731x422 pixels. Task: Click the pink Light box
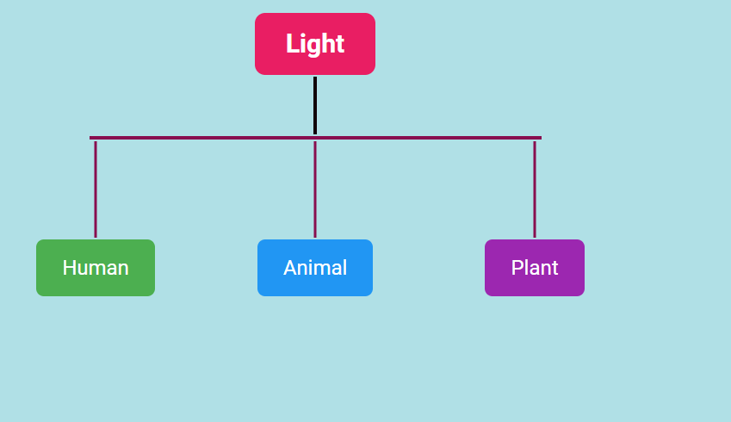coord(315,44)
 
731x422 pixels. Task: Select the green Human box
coord(96,268)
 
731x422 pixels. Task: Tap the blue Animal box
coord(315,268)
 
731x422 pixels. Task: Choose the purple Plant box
coord(535,268)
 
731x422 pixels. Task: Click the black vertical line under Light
coord(315,105)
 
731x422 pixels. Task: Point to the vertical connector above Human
coord(96,189)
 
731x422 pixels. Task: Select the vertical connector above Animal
coord(315,189)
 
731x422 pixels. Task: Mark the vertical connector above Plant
coord(535,189)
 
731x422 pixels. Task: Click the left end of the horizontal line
coord(91,138)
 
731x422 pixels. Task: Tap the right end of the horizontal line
coord(540,138)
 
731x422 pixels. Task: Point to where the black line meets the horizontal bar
coord(315,136)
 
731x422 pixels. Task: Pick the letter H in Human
coord(69,268)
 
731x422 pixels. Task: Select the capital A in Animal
coord(290,268)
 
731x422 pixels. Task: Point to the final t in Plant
coord(554,268)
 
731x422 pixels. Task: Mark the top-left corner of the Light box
coord(257,16)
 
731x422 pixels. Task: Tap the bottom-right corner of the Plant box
coord(582,294)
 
